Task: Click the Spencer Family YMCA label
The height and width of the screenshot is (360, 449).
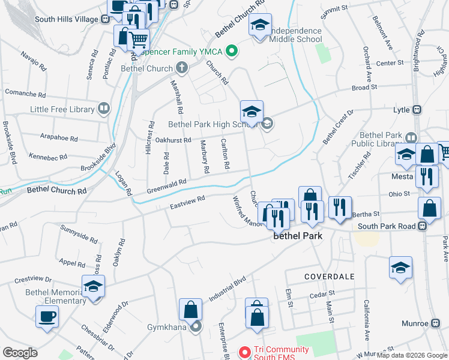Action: click(182, 52)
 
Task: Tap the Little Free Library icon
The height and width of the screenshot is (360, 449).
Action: click(104, 109)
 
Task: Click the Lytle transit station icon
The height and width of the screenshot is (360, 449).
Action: click(416, 110)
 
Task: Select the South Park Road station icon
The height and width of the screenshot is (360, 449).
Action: click(423, 226)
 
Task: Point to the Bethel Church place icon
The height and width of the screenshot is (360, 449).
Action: click(179, 68)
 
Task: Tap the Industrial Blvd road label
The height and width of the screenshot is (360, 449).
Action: click(228, 289)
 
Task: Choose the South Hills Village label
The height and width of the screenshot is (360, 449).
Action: click(66, 19)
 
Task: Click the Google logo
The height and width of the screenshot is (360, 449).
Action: click(20, 353)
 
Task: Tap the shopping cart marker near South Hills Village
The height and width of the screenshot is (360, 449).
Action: click(139, 40)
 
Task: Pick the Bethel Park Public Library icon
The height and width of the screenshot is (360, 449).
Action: click(411, 137)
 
